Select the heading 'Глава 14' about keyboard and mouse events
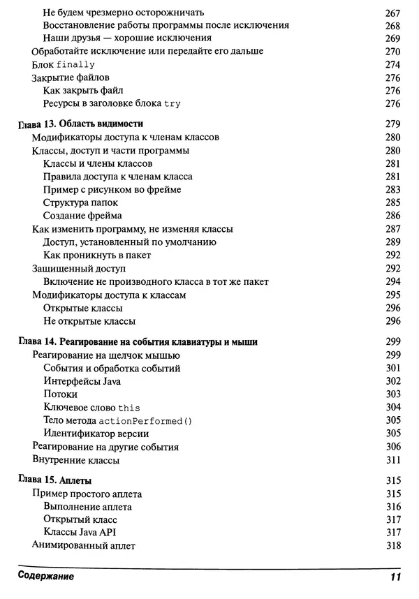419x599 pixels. pyautogui.click(x=137, y=341)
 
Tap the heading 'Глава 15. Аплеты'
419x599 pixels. pyautogui.click(x=54, y=481)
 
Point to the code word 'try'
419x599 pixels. pyautogui.click(x=172, y=103)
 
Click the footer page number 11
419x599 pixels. pyautogui.click(x=394, y=577)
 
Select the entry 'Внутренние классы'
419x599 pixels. pyautogui.click(x=76, y=460)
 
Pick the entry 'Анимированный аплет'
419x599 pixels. pyautogui.click(x=83, y=546)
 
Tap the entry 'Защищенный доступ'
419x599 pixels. pyautogui.click(x=78, y=268)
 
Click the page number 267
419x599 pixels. pyautogui.click(x=392, y=12)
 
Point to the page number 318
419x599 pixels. pyautogui.click(x=392, y=546)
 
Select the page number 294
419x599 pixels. pyautogui.click(x=392, y=281)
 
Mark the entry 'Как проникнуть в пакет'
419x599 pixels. pyautogui.click(x=96, y=255)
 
